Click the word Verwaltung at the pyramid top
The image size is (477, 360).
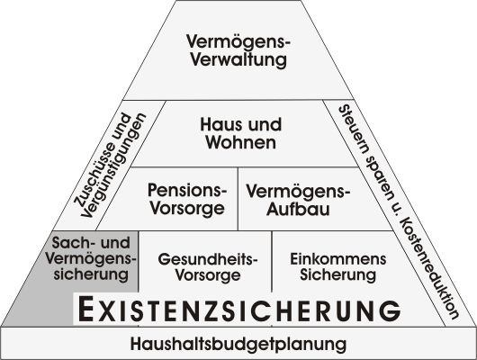[238, 59]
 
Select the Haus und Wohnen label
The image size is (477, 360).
[241, 133]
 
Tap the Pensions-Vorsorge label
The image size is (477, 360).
[187, 199]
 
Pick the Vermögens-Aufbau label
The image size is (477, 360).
[299, 201]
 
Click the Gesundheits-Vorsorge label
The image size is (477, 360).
[208, 267]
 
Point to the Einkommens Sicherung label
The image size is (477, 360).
[338, 267]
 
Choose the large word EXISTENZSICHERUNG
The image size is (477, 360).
[239, 310]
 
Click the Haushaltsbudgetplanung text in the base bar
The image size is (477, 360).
[238, 344]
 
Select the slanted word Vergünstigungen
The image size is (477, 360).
[114, 166]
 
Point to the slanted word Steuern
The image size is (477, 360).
[354, 129]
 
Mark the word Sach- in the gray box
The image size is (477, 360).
[70, 243]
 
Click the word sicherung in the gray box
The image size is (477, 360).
[91, 274]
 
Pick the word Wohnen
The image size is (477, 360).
[241, 142]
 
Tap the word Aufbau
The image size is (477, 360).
[298, 210]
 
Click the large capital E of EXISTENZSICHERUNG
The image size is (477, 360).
[85, 310]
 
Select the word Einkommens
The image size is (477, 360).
[338, 259]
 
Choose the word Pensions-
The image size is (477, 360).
[187, 190]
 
